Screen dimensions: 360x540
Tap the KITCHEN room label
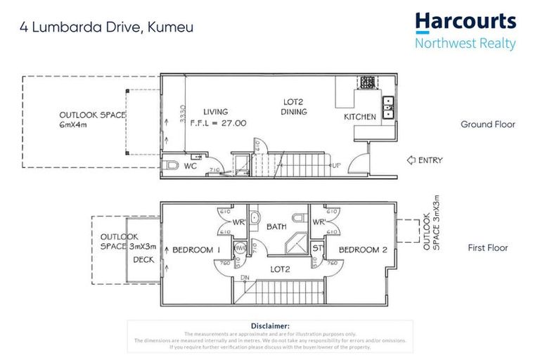coord(359,117)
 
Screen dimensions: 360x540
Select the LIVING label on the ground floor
coord(216,112)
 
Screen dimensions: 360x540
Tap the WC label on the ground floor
coord(189,167)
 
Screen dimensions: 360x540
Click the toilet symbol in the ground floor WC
coord(169,166)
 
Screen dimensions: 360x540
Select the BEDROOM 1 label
coord(197,250)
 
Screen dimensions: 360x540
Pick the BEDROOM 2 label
coord(363,250)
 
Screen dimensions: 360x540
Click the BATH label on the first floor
coord(276,227)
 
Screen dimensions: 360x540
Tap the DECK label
coord(143,259)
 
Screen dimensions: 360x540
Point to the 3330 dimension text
coord(183,114)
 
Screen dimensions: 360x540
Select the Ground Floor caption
coord(487,124)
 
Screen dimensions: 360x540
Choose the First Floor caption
coord(487,247)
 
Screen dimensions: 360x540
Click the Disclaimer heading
coord(270,326)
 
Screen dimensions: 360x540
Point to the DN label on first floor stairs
coord(245,278)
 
